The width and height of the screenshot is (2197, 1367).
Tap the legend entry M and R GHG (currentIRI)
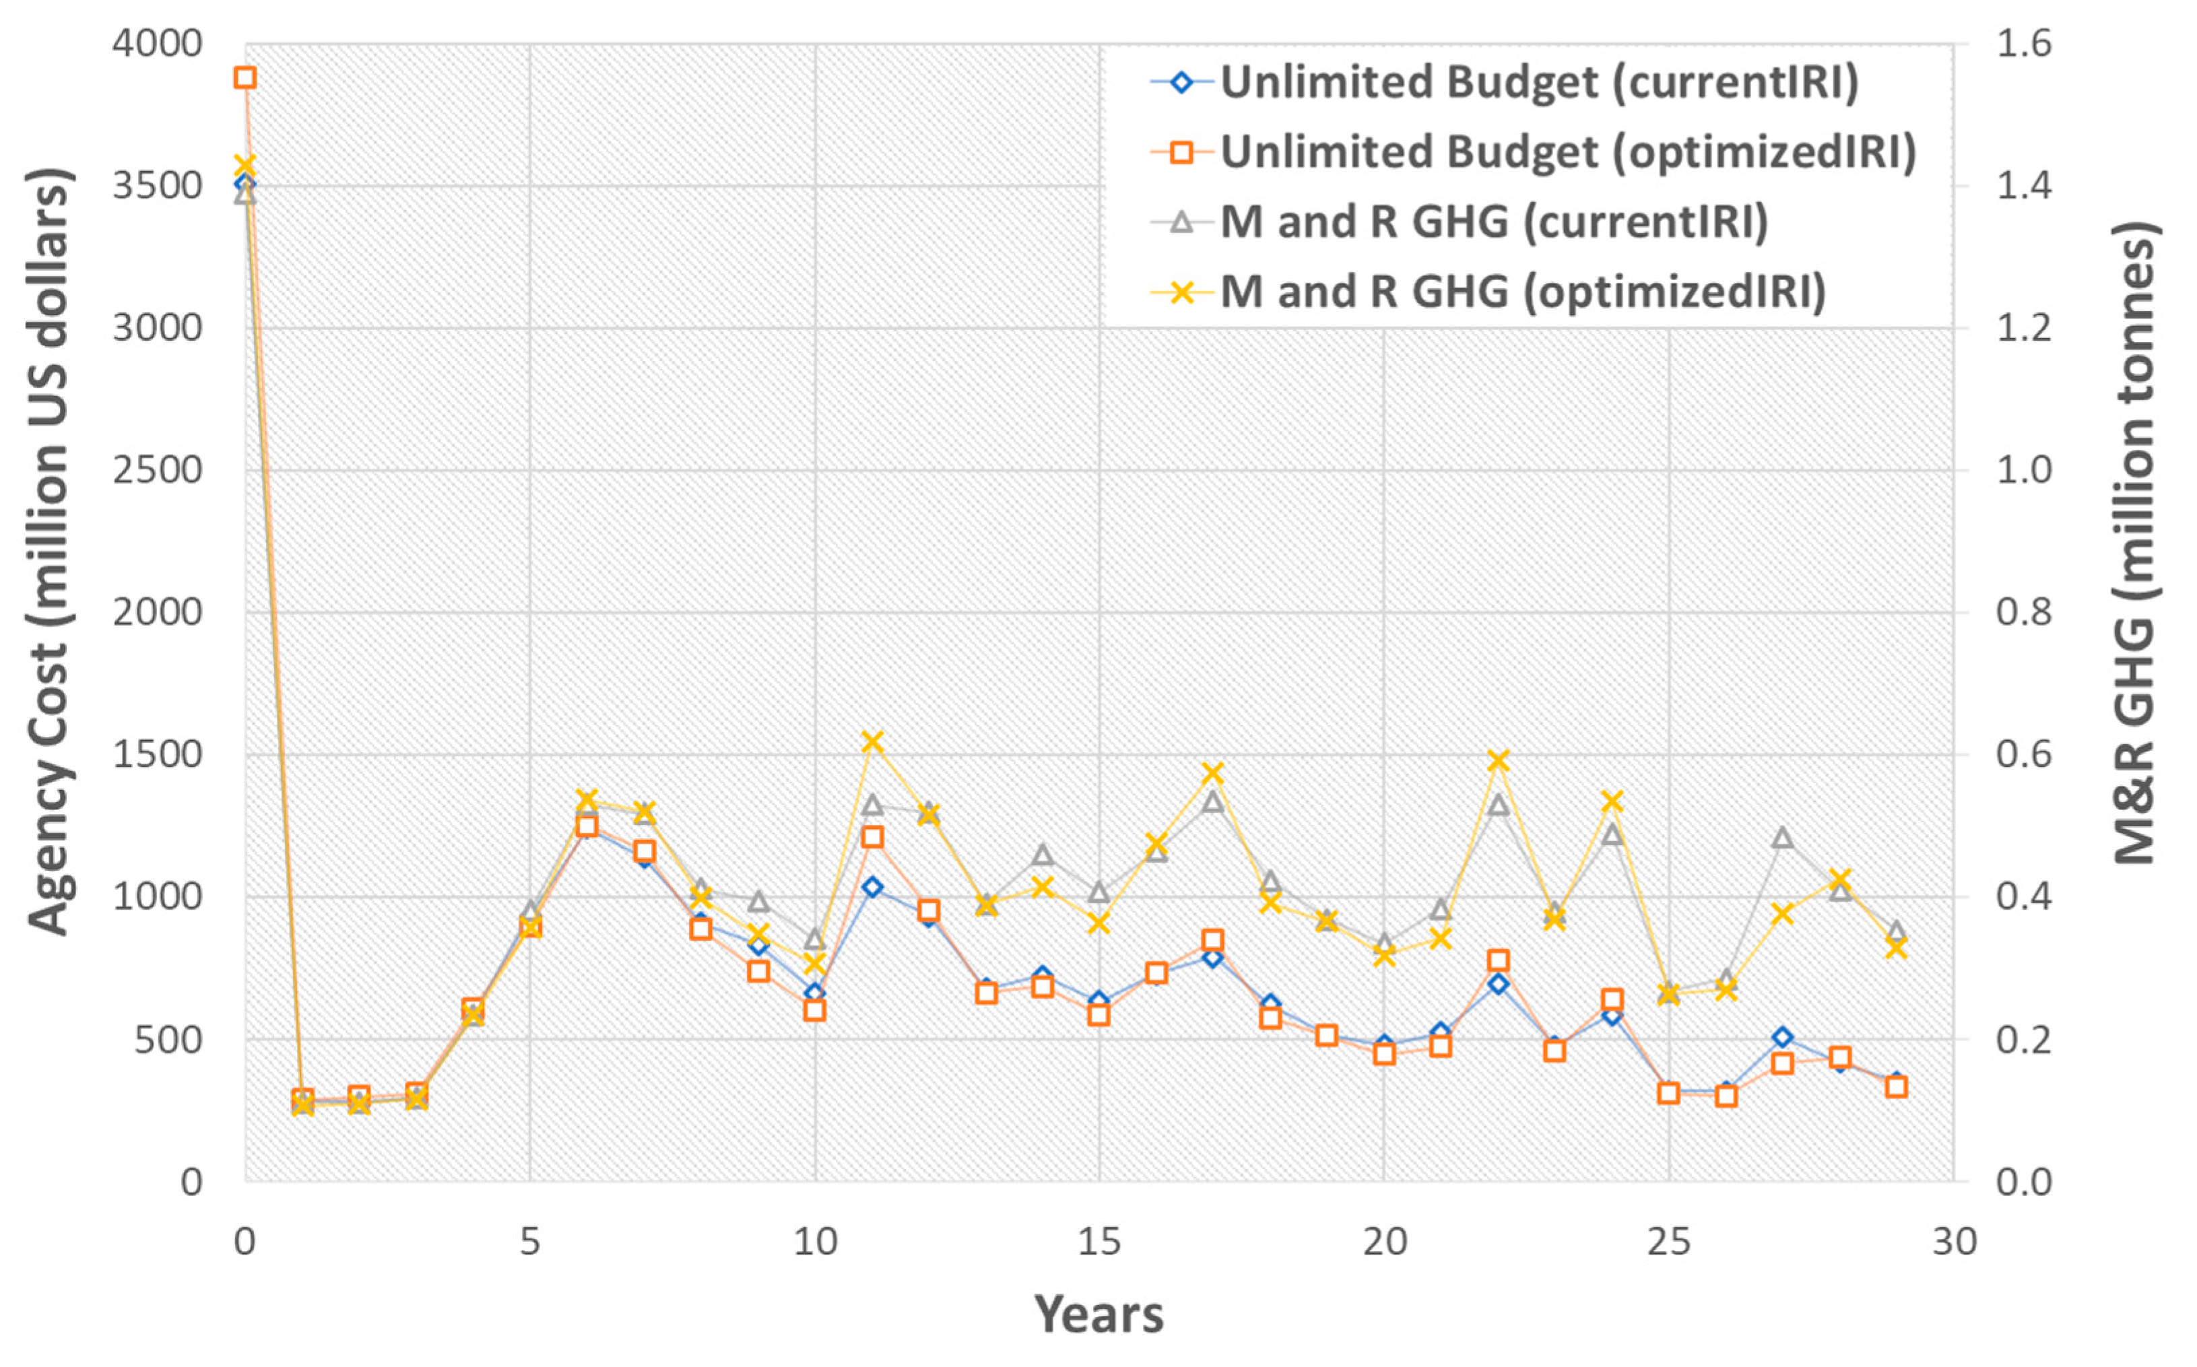pyautogui.click(x=1494, y=222)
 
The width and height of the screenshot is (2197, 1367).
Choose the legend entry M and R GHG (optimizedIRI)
pyautogui.click(x=1523, y=291)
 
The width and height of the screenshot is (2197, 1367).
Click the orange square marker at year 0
pyautogui.click(x=245, y=77)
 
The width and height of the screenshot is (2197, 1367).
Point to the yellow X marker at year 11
pyautogui.click(x=872, y=742)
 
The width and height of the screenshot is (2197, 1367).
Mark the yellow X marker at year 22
pyautogui.click(x=1498, y=760)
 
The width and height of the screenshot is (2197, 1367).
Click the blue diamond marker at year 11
pyautogui.click(x=872, y=887)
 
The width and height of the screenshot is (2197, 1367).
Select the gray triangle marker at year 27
pyautogui.click(x=1782, y=837)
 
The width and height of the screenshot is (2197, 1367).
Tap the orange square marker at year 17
pyautogui.click(x=1213, y=940)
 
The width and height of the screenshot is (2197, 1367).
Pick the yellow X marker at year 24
pyautogui.click(x=1612, y=801)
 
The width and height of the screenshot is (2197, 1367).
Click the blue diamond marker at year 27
pyautogui.click(x=1782, y=1037)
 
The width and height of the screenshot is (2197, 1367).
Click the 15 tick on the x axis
pyautogui.click(x=1099, y=1242)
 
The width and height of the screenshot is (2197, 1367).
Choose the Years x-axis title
pyautogui.click(x=1099, y=1314)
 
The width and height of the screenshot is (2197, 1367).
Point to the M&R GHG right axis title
pyautogui.click(x=2136, y=543)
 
